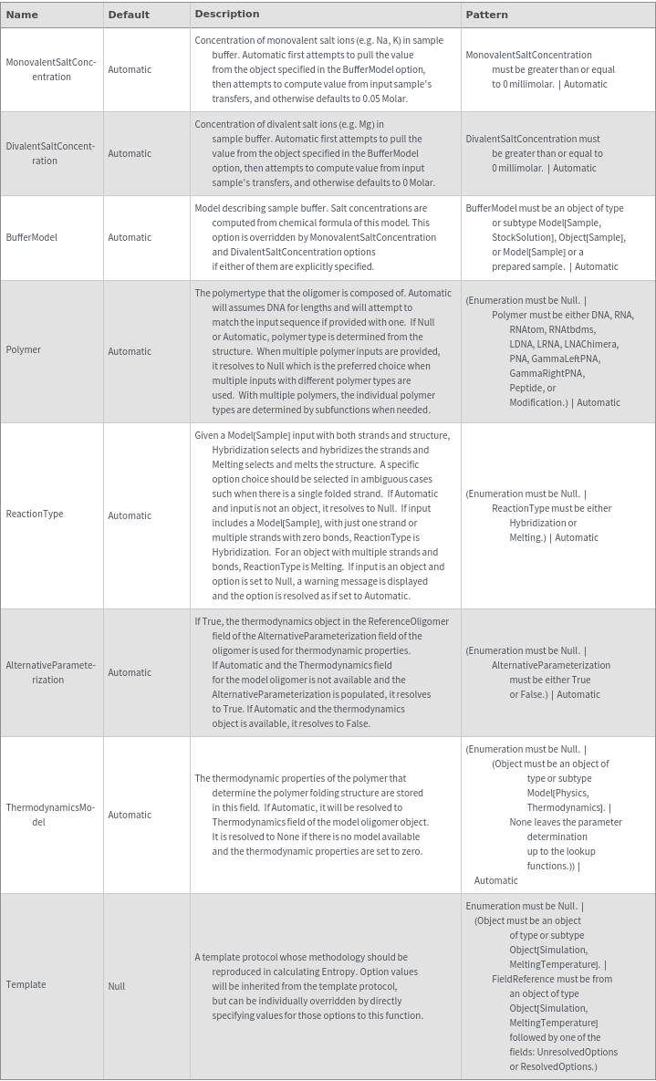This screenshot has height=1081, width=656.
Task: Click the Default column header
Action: click(129, 15)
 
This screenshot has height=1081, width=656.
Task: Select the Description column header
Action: click(227, 14)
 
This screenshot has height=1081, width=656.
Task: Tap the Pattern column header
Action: click(486, 15)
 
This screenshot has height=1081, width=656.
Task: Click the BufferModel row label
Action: click(31, 237)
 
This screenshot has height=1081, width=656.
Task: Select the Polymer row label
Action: click(23, 350)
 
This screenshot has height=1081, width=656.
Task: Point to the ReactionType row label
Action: click(35, 515)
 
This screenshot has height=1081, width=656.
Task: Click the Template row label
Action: click(26, 985)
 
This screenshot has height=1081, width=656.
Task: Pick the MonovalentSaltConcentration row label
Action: click(51, 69)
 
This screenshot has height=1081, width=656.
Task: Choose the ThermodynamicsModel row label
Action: click(51, 815)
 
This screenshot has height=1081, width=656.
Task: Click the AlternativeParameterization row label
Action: click(51, 672)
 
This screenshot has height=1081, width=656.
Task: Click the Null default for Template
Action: click(117, 986)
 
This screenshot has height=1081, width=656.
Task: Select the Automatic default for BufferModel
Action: click(130, 237)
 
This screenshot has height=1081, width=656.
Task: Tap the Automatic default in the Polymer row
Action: click(130, 351)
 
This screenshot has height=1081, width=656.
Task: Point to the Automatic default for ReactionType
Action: click(130, 515)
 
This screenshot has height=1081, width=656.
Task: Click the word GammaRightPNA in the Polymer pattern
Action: click(547, 373)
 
